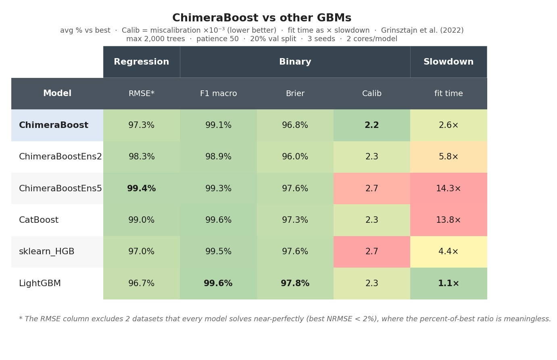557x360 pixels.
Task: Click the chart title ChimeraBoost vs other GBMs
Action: pos(262,18)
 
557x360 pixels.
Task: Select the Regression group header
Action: pos(142,62)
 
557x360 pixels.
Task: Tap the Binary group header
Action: pos(295,62)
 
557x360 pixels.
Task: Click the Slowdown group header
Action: pos(449,62)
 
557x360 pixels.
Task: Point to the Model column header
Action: pos(57,93)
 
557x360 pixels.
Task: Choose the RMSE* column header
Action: pos(142,93)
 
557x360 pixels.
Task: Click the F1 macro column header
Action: pos(218,93)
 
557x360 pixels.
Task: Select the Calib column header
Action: pos(372,93)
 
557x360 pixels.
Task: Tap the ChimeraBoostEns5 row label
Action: pos(60,188)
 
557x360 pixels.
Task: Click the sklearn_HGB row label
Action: pos(47,251)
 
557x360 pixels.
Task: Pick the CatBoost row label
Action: pos(39,220)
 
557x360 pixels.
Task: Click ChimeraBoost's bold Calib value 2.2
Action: pos(372,125)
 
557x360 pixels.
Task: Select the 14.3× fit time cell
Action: pos(449,188)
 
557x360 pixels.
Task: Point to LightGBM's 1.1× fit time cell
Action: pos(449,283)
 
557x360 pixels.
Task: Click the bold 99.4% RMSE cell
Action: pos(142,188)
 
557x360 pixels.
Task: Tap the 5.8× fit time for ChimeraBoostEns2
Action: pos(449,157)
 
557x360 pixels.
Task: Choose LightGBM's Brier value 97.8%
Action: pos(295,283)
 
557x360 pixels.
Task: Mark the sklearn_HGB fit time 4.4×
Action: pos(449,251)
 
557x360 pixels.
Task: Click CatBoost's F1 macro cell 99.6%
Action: pos(218,220)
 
